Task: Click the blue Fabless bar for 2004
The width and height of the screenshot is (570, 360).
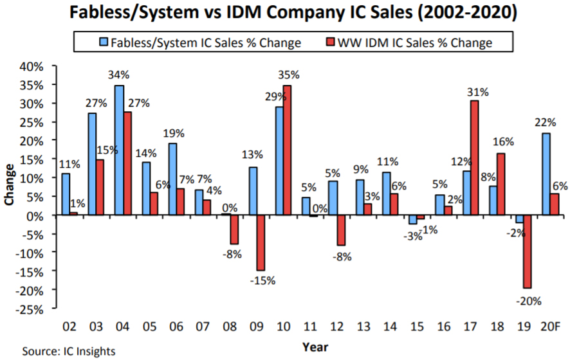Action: tap(120, 150)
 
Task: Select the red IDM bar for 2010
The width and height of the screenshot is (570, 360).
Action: tap(288, 150)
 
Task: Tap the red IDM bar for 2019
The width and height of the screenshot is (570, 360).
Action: tap(527, 251)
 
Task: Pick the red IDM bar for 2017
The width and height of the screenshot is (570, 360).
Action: tap(475, 158)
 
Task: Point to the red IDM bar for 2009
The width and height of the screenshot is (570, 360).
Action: tap(261, 243)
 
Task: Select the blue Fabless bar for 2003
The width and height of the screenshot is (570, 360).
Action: tap(93, 165)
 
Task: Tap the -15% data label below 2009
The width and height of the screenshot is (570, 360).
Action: tap(262, 281)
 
